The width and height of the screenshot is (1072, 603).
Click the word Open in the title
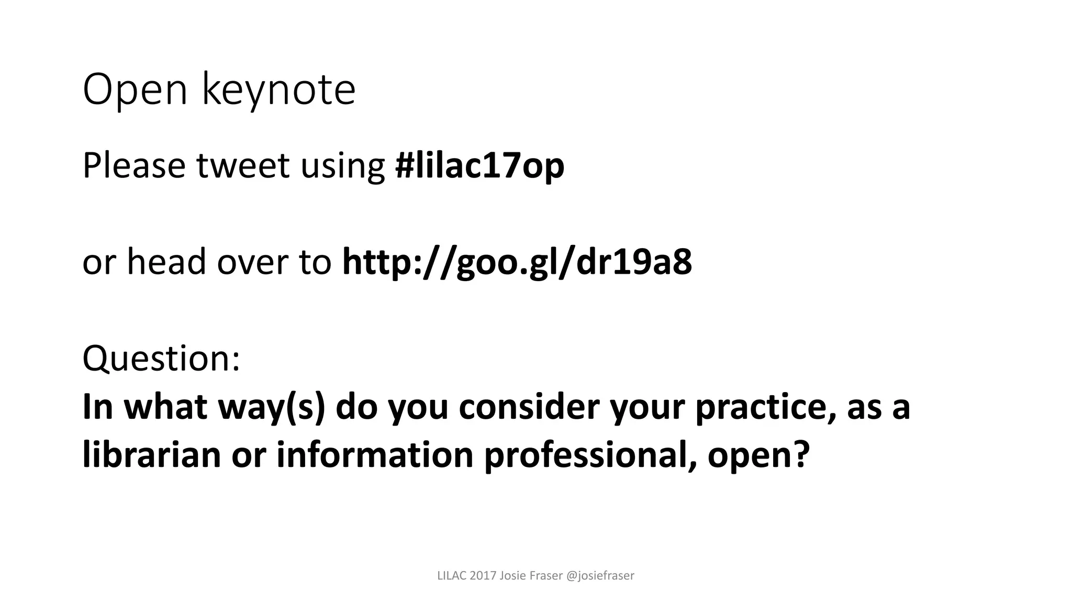pos(135,90)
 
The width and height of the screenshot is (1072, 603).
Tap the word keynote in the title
pos(278,90)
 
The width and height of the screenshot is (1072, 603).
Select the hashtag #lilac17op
pos(479,166)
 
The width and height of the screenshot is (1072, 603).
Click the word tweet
pos(243,166)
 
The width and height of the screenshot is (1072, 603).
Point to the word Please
pos(134,166)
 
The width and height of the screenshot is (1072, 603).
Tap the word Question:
pos(161,359)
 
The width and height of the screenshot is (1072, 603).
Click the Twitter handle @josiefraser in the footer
pos(600,576)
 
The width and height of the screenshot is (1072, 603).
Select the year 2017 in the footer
pos(483,576)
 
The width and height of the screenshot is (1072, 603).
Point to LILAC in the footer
pos(452,576)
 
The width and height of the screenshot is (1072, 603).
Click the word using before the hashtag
pos(342,166)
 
